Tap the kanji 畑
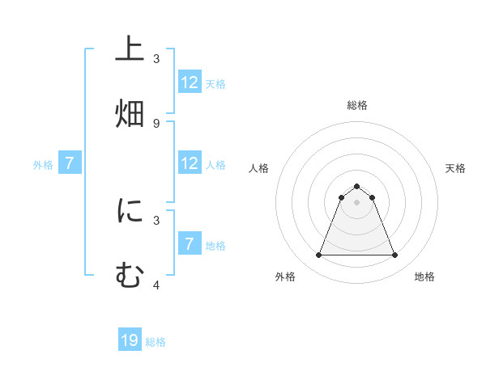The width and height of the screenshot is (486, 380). [130, 112]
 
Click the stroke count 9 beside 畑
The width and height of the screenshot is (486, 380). [156, 123]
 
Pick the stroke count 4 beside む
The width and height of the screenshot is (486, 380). [156, 285]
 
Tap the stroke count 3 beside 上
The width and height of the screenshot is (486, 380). [156, 58]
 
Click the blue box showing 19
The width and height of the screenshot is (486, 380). [130, 341]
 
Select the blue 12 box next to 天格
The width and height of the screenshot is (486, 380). [190, 82]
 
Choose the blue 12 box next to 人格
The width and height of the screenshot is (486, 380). [190, 163]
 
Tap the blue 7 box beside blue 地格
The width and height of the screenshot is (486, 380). [190, 244]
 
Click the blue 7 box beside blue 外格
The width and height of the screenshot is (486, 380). [70, 163]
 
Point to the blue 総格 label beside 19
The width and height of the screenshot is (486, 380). [156, 342]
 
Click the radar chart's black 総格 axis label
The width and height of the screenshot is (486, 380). [357, 105]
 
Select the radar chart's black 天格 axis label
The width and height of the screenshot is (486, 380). [456, 168]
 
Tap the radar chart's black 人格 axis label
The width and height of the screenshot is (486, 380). [259, 168]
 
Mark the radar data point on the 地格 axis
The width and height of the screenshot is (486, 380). [395, 255]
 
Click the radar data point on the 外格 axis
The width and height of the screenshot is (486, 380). [318, 255]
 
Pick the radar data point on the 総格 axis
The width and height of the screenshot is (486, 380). [357, 187]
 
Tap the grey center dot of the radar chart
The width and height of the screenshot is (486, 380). [357, 202]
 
